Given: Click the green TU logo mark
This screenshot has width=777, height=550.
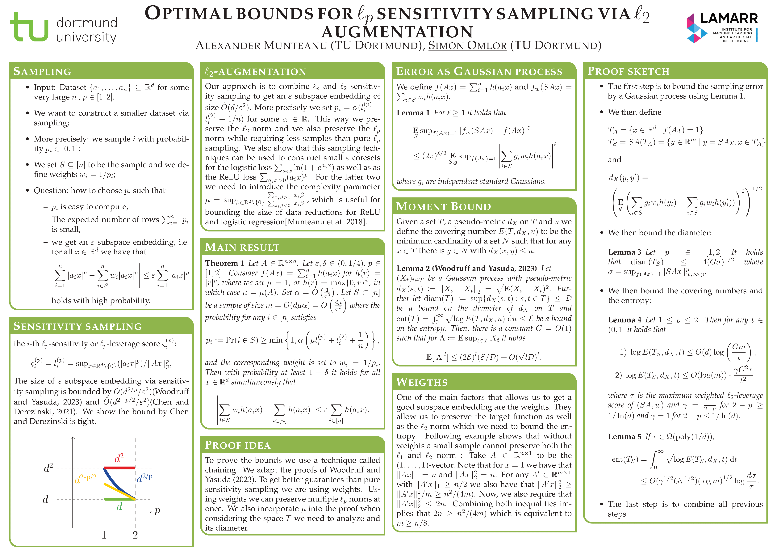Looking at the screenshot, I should point(29,27).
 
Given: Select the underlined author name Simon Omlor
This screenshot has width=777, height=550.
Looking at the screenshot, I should point(467,45).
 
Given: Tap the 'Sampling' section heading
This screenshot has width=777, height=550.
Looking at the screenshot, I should point(42,71).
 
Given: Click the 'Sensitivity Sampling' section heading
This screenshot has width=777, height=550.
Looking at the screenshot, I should point(77,326).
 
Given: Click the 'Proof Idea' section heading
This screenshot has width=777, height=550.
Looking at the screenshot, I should point(238,445).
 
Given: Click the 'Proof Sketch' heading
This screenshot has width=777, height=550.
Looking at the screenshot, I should point(629,71).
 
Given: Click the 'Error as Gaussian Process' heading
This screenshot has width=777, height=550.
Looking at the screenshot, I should point(479,71).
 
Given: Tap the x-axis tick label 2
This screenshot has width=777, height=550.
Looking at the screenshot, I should point(135,535).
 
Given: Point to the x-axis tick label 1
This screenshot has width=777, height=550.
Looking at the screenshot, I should point(104,535).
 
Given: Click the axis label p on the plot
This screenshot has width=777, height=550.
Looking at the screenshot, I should point(157,511).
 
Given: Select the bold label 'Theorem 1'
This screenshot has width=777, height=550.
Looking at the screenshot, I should point(224,263).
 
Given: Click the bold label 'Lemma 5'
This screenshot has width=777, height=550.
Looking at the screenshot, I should point(624,437).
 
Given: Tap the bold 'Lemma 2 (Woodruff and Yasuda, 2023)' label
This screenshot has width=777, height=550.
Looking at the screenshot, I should point(466,268).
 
